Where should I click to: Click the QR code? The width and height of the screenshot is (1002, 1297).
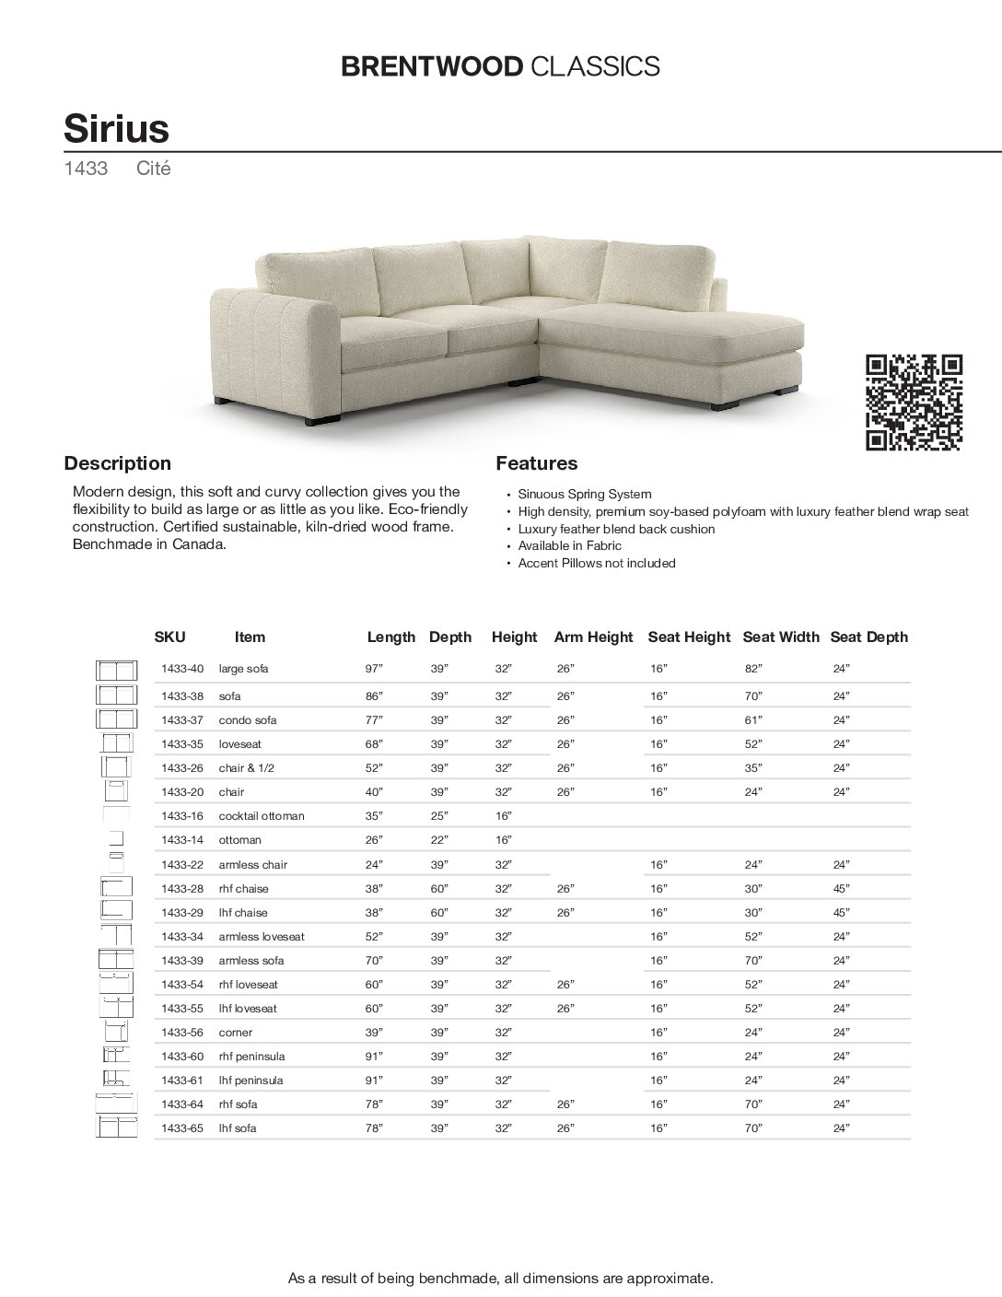915,402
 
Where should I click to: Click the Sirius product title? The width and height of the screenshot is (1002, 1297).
116,127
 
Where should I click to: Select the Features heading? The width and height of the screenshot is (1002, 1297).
537,463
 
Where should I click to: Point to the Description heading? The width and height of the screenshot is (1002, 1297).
117,463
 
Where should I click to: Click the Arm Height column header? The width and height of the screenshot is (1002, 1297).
593,637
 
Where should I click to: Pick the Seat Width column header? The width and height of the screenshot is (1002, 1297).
780,637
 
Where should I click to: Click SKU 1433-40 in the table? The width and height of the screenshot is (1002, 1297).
181,669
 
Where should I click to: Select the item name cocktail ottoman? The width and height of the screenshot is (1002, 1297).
262,816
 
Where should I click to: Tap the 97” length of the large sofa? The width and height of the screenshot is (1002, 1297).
375,669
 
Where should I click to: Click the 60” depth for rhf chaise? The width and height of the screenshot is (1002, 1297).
439,889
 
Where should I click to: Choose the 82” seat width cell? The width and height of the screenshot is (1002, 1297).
753,669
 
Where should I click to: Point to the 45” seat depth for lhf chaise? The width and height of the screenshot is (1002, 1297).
841,913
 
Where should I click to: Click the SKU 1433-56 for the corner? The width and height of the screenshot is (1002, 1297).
181,1033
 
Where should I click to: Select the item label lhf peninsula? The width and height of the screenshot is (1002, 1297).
250,1081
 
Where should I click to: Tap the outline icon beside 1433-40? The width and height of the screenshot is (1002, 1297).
116,670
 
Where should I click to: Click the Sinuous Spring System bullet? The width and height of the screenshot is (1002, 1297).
584,495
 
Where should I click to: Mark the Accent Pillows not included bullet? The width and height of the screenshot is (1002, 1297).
596,563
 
